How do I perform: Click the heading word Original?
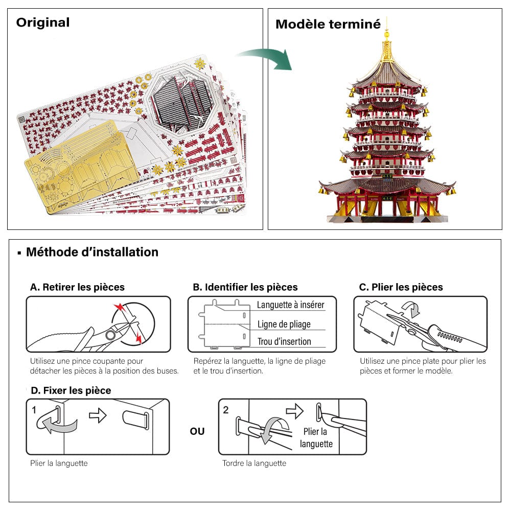pos(43,22)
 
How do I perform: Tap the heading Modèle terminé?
pos(328,24)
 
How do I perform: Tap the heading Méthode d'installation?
pos(92,252)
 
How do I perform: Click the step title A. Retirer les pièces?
pos(77,287)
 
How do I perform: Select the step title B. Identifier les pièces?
pos(245,287)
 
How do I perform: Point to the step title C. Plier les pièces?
pos(401,287)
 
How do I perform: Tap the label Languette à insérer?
pos(290,305)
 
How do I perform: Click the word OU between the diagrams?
pos(197,431)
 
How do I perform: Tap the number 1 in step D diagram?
pos(34,410)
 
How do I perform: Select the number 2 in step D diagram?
pos(226,410)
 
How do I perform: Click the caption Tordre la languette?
pos(254,463)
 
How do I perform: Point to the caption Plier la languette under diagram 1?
pos(59,463)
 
